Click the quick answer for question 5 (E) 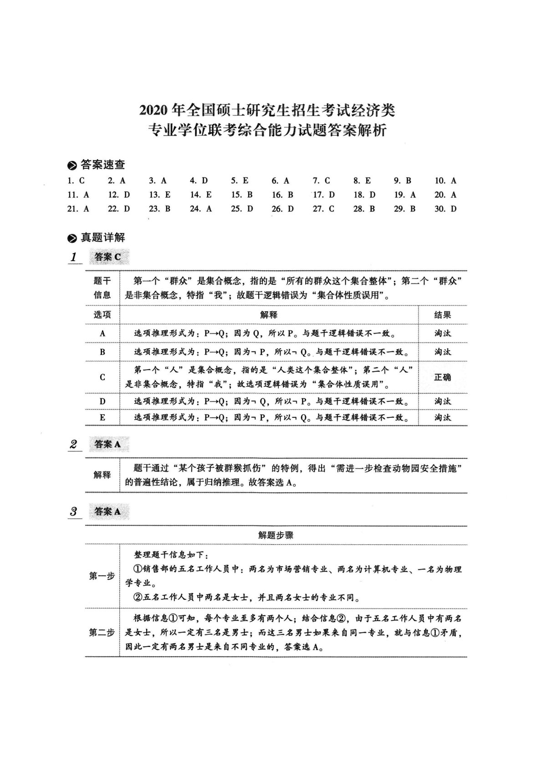pyautogui.click(x=240, y=181)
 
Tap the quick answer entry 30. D pyautogui.click(x=445, y=209)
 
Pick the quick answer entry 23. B pyautogui.click(x=159, y=209)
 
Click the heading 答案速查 pyautogui.click(x=102, y=165)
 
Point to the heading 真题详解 pyautogui.click(x=102, y=238)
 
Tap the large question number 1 pyautogui.click(x=73, y=257)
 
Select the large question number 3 pyautogui.click(x=73, y=512)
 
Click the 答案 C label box pyautogui.click(x=108, y=257)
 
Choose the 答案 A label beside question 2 pyautogui.click(x=108, y=444)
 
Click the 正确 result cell pyautogui.click(x=442, y=377)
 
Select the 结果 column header pyautogui.click(x=442, y=315)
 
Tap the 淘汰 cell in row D pyautogui.click(x=442, y=401)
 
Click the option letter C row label pyautogui.click(x=102, y=377)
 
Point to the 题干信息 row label pyautogui.click(x=102, y=288)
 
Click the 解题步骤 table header pyautogui.click(x=276, y=536)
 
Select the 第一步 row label pyautogui.click(x=102, y=576)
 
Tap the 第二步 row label pyautogui.click(x=102, y=633)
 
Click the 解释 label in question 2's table pyautogui.click(x=102, y=475)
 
